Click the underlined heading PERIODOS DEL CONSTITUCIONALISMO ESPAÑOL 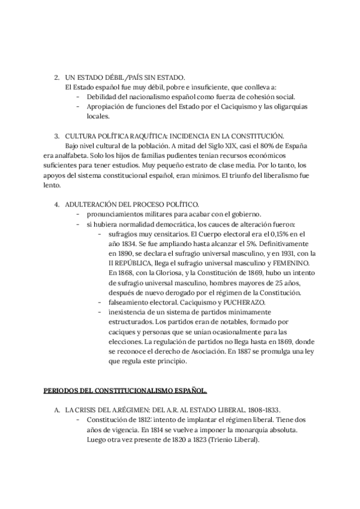pos(125,391)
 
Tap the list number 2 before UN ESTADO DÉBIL pos(56,77)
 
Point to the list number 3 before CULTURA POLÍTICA pos(56,135)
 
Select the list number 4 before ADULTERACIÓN pos(56,204)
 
